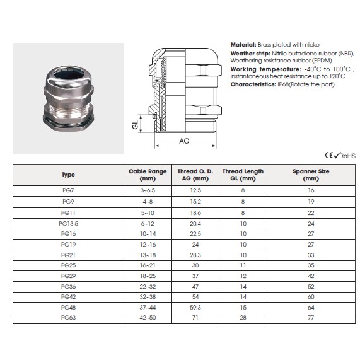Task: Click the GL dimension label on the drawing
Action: coord(135,125)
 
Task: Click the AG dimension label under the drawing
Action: coord(184,141)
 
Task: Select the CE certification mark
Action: coord(329,156)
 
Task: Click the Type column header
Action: coord(68,175)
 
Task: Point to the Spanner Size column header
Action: coord(311,175)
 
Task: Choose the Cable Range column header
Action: coord(148,175)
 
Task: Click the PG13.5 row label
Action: coord(69,224)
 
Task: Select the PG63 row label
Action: coord(69,318)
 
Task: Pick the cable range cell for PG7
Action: coord(148,190)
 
